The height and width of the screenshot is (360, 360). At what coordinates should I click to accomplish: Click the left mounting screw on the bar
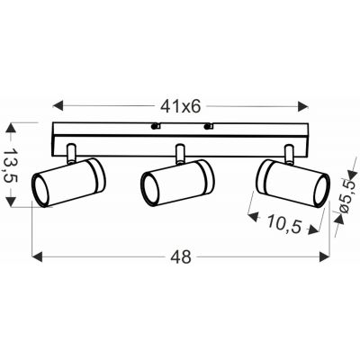pyautogui.click(x=156, y=126)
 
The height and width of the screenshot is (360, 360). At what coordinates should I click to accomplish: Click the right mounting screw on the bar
pyautogui.click(x=210, y=126)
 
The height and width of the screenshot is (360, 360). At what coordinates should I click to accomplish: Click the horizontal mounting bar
pyautogui.click(x=108, y=134)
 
